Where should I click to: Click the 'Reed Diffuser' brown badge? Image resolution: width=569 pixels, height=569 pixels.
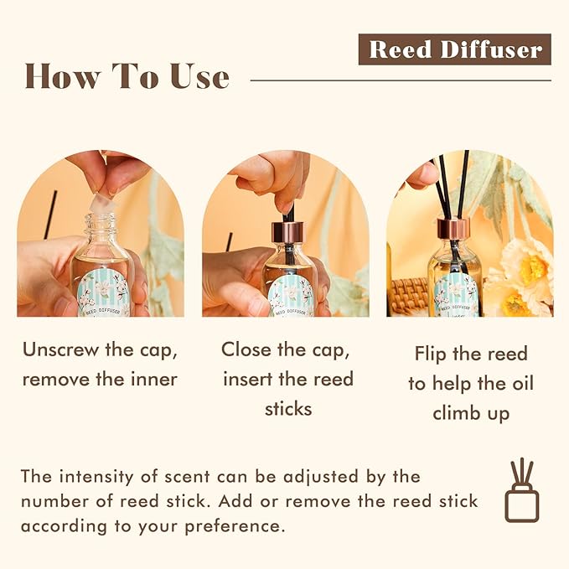pos(455,49)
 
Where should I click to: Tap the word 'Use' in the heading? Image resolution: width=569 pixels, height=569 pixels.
pos(196,76)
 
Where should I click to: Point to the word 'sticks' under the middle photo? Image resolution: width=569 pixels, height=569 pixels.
pos(287,409)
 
